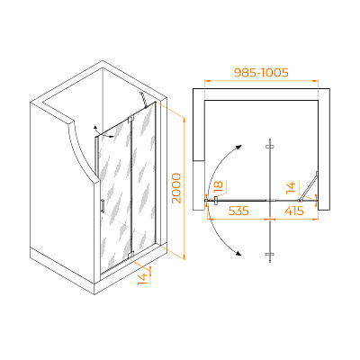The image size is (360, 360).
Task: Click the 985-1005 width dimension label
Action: [x=261, y=73]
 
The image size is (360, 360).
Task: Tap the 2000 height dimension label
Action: [x=176, y=188]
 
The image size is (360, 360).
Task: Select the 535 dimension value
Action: [x=238, y=211]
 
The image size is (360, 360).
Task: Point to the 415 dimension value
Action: [x=294, y=211]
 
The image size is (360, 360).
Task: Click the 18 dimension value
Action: [x=219, y=186]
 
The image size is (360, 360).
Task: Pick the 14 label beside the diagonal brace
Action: [x=291, y=187]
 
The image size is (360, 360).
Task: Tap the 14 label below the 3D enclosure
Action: [x=143, y=279]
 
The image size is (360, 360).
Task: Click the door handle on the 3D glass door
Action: [x=103, y=206]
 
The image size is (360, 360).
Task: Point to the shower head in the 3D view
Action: [x=143, y=99]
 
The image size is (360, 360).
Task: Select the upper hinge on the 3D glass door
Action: [x=130, y=119]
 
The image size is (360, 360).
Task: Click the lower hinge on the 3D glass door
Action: [x=130, y=255]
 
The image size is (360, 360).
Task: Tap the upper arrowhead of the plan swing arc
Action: [x=238, y=147]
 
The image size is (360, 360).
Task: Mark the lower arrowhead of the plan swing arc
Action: [x=238, y=254]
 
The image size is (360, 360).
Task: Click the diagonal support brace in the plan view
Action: [x=309, y=185]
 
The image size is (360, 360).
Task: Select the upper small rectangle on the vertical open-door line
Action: [x=270, y=147]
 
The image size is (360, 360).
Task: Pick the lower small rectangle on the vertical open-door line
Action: [x=270, y=255]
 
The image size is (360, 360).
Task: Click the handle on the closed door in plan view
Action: [x=216, y=201]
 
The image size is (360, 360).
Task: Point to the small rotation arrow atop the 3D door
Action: [x=102, y=132]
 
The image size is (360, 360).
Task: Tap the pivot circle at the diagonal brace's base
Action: [x=299, y=200]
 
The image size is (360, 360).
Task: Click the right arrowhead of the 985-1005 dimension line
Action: [x=316, y=80]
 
